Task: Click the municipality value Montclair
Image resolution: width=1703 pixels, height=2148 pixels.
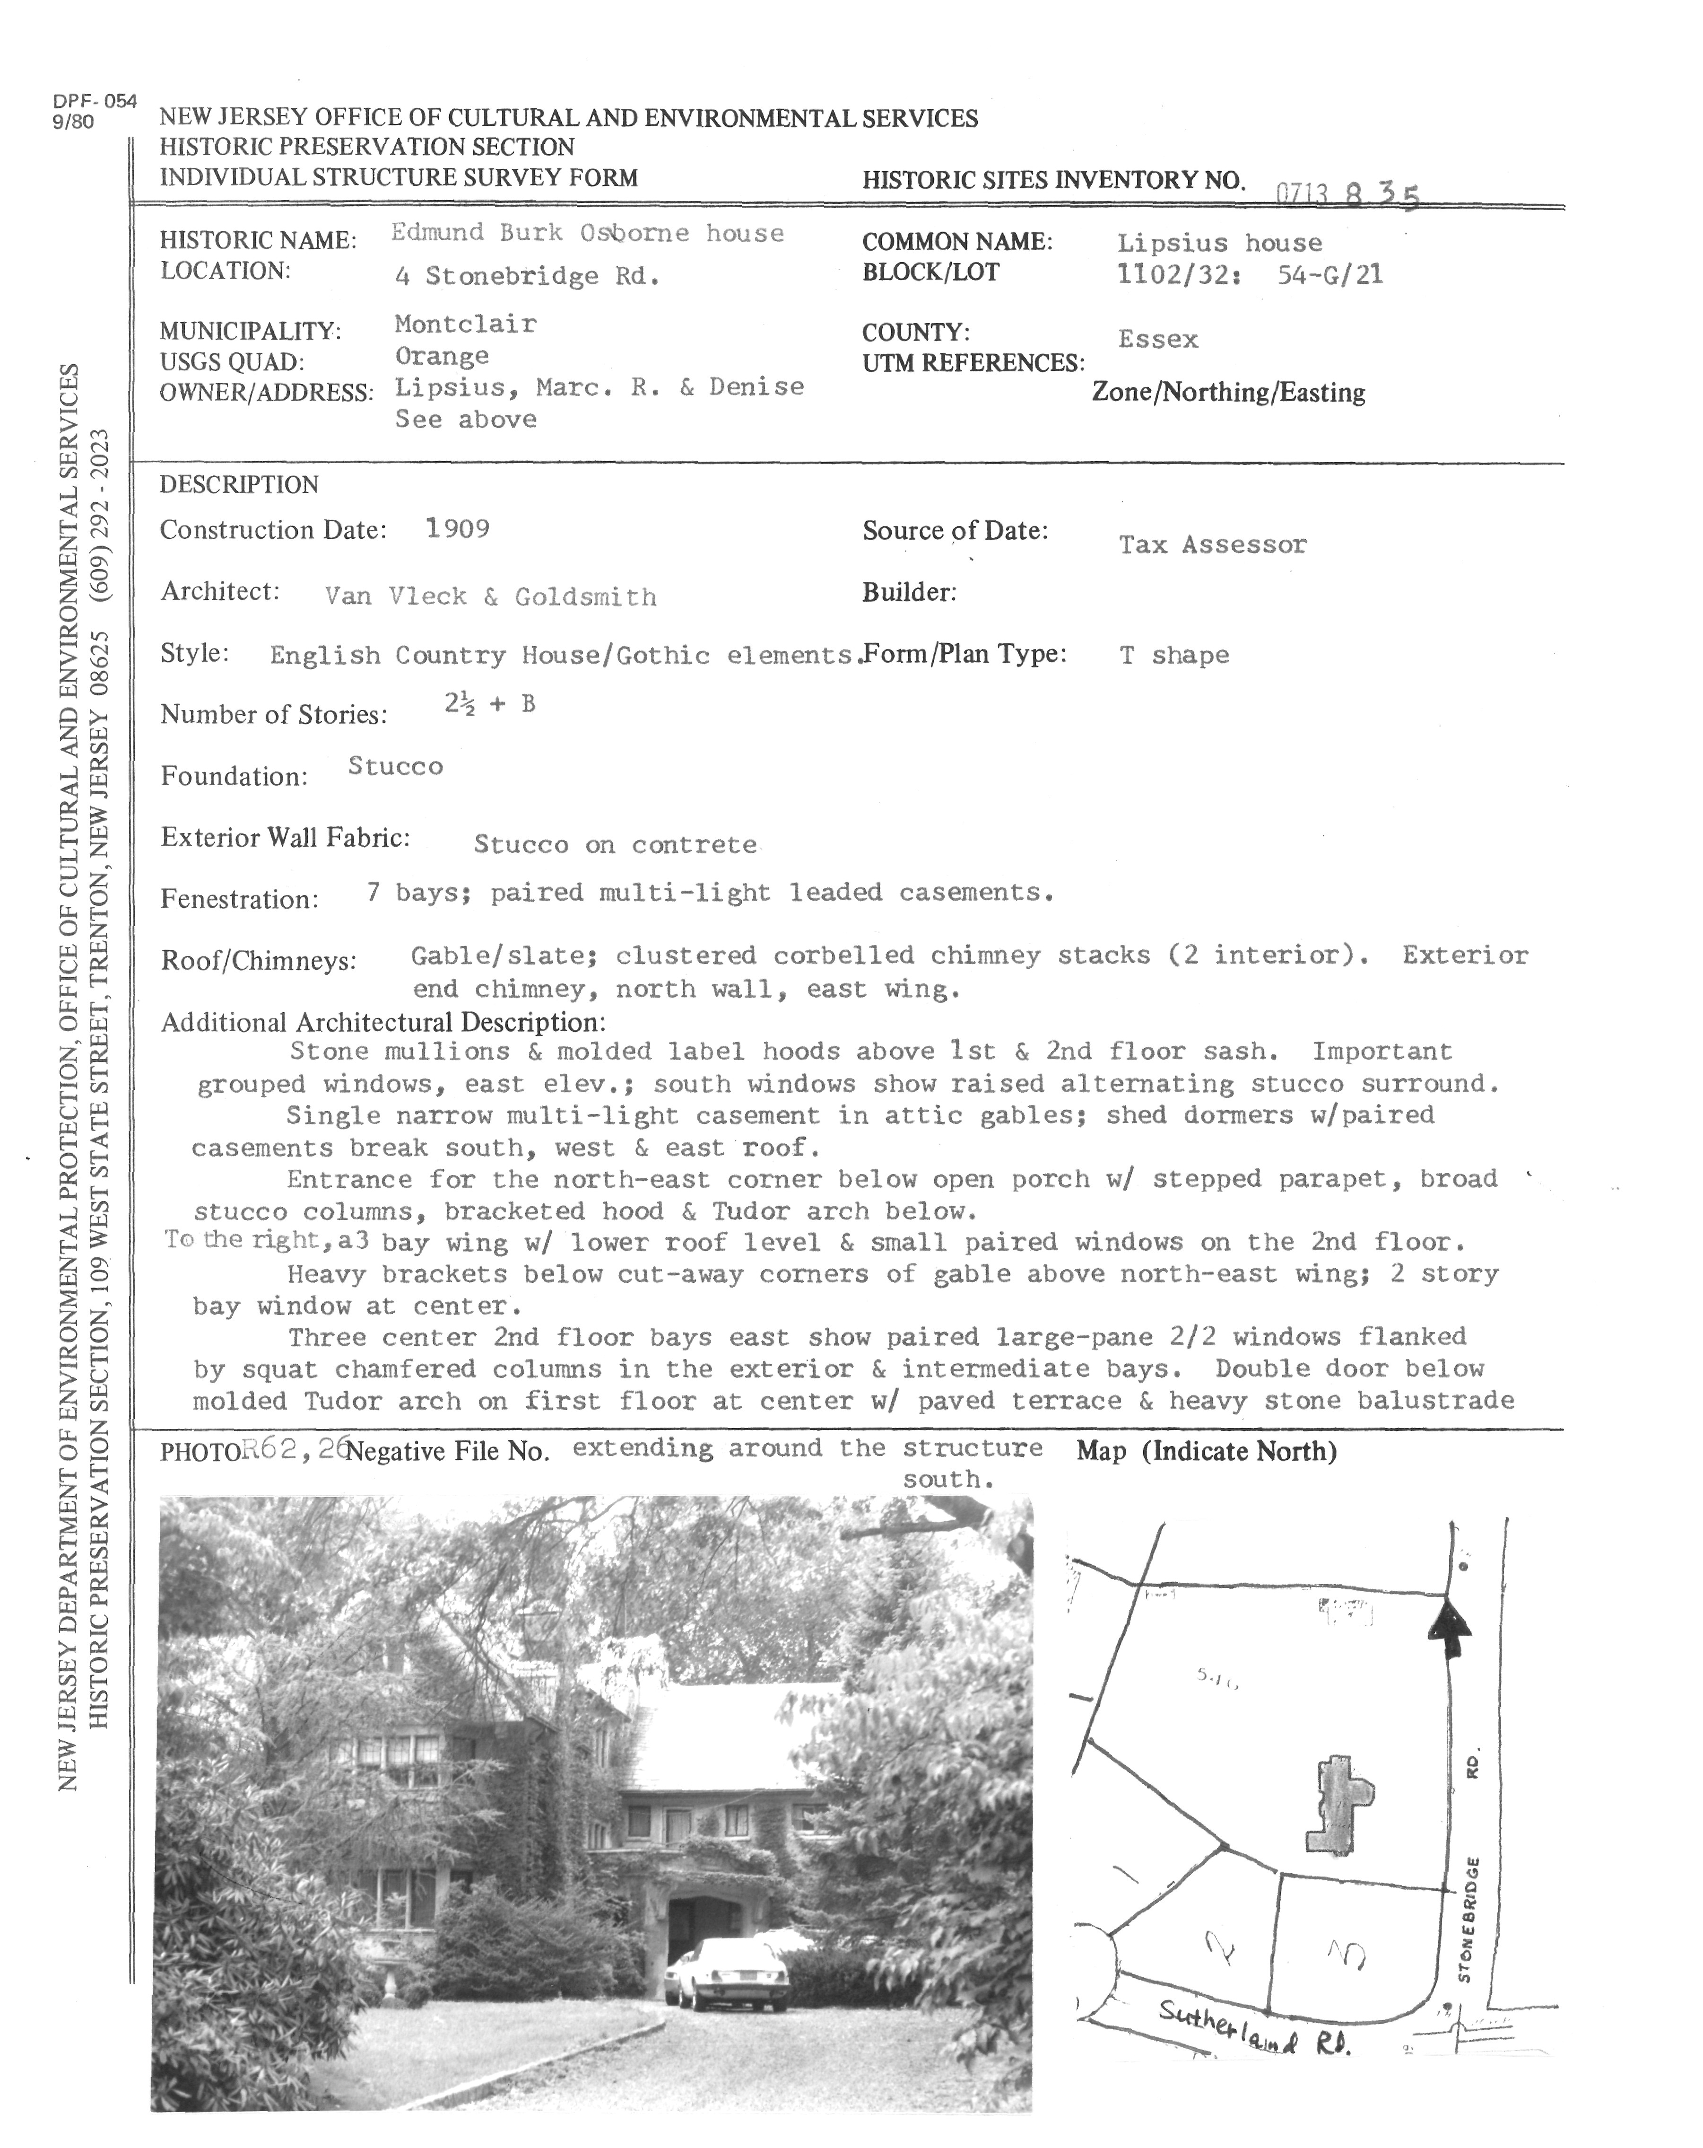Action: click(465, 324)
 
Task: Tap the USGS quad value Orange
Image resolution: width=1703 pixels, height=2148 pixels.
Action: click(441, 356)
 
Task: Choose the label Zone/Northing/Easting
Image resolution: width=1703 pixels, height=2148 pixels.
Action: click(1228, 393)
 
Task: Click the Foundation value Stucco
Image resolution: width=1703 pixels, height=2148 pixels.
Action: click(395, 766)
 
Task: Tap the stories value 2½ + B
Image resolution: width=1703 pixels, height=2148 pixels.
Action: click(489, 704)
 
